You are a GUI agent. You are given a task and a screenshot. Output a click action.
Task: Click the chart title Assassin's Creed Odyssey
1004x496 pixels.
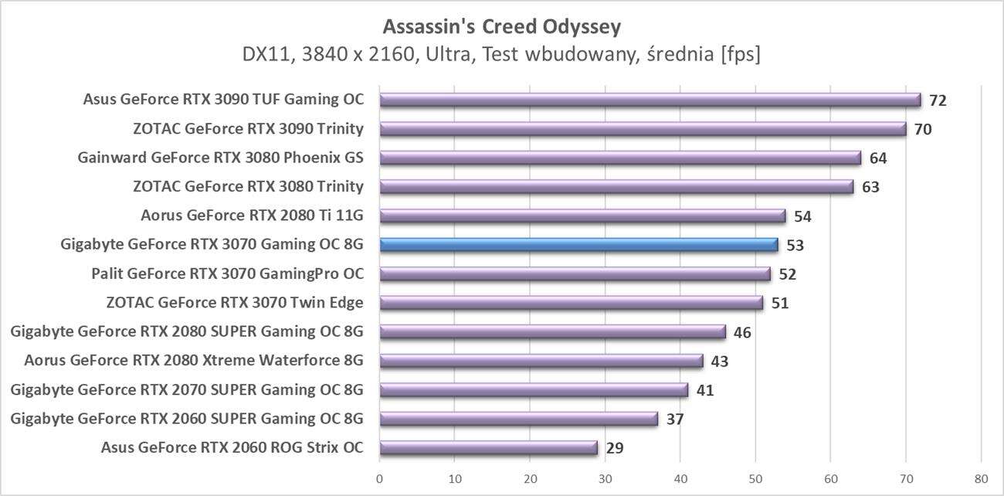pos(501,27)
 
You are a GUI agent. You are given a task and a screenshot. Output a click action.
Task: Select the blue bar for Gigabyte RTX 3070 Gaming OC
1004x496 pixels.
pos(579,245)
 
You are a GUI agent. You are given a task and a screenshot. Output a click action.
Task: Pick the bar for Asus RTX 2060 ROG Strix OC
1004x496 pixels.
pos(489,447)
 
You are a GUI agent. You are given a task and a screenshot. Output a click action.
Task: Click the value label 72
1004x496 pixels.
pos(938,100)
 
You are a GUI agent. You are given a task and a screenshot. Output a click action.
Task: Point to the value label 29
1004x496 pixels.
pos(615,448)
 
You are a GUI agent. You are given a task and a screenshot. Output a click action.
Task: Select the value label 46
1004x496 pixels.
pos(741,332)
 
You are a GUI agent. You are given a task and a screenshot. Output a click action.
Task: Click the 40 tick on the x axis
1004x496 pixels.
pos(680,479)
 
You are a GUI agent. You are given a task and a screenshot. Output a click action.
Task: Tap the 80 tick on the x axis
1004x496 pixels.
pos(980,479)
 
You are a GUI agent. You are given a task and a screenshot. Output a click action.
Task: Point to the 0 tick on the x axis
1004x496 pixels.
pos(380,479)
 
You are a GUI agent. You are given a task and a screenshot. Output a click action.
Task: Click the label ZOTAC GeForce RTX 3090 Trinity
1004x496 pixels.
pos(248,128)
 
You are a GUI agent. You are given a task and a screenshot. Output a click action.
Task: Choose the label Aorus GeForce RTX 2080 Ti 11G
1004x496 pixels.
pos(252,216)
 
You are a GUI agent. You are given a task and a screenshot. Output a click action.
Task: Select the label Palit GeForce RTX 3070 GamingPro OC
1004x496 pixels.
pos(227,273)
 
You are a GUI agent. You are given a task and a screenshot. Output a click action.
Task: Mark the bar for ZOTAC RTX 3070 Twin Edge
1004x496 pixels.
pos(572,303)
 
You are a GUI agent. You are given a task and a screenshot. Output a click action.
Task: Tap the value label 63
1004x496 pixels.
pos(870,187)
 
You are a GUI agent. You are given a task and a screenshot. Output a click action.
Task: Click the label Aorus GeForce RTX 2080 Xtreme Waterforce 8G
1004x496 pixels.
pos(194,361)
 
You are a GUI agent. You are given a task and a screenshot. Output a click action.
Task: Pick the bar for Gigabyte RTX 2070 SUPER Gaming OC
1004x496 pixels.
pos(534,390)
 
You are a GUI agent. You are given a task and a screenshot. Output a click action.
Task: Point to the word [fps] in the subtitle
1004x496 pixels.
pos(740,55)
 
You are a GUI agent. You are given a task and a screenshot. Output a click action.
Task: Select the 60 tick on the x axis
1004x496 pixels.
pos(830,479)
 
